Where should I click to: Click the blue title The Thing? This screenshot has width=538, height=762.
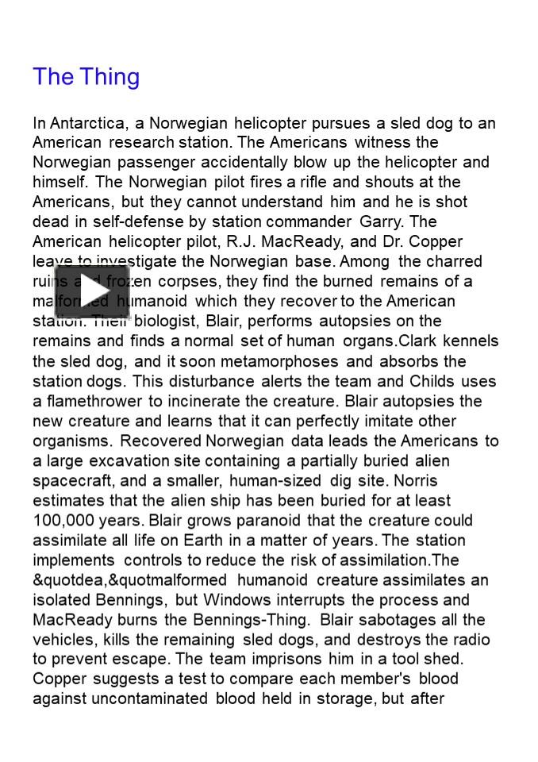(86, 77)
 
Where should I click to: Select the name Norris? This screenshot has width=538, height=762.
(414, 481)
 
